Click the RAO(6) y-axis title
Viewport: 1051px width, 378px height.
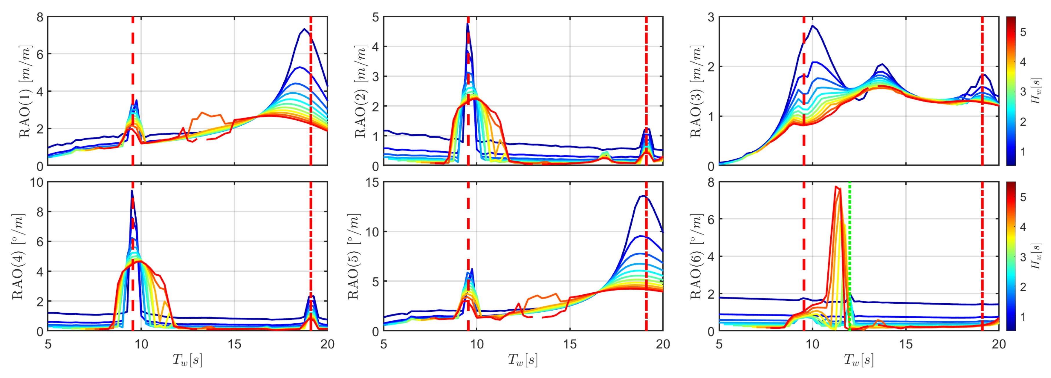[696, 257]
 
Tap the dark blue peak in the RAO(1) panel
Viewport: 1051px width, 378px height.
[304, 29]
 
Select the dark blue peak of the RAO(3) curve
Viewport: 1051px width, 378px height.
[812, 26]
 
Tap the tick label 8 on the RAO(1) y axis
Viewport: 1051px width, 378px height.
[39, 17]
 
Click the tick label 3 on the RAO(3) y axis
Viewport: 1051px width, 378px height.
[711, 17]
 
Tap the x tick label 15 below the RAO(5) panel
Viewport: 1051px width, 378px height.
[570, 344]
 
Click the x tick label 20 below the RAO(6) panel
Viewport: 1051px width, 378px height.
[999, 344]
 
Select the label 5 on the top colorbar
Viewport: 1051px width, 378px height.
[1023, 32]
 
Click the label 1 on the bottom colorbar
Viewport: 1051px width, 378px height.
[1023, 316]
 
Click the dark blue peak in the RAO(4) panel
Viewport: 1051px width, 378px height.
[132, 191]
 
